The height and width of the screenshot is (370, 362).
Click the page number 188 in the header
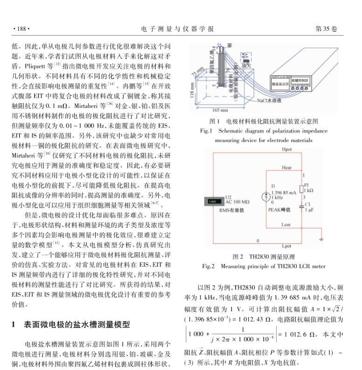pyautogui.click(x=20, y=29)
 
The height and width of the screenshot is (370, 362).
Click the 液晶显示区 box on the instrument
pyautogui.click(x=281, y=85)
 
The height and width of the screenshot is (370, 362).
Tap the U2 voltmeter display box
pyautogui.click(x=214, y=201)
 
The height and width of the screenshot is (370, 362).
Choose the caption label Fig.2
pyautogui.click(x=208, y=266)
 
